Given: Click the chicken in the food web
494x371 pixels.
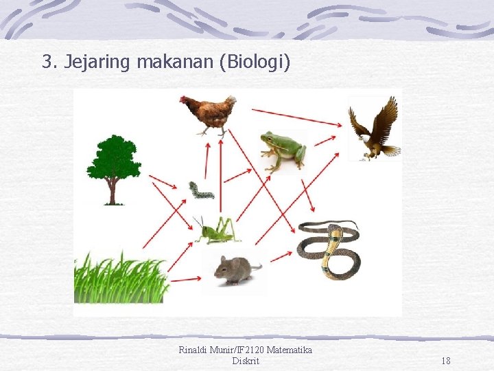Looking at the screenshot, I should [209, 113].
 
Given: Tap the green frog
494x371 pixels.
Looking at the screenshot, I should [283, 150].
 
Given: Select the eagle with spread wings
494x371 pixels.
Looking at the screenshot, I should [373, 129].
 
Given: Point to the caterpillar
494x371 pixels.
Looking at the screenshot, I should [201, 190].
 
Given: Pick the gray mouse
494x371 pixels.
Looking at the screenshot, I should [236, 269].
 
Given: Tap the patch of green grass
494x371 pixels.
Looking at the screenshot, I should [120, 278].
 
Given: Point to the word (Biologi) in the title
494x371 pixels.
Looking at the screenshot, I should [255, 63].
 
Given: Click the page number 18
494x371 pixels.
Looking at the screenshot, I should [446, 361].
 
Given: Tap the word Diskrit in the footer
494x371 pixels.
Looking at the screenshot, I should [246, 361].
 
